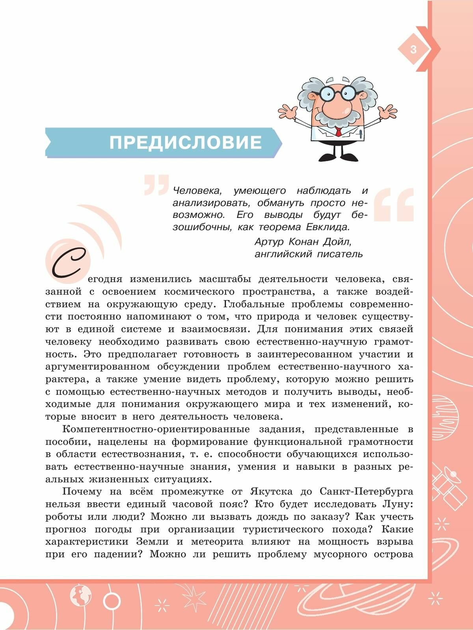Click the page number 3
(x=413, y=50)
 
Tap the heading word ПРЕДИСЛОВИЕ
(x=186, y=142)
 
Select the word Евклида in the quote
(x=328, y=227)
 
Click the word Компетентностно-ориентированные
(x=156, y=429)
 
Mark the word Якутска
(x=271, y=492)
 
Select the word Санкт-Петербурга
(x=366, y=492)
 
